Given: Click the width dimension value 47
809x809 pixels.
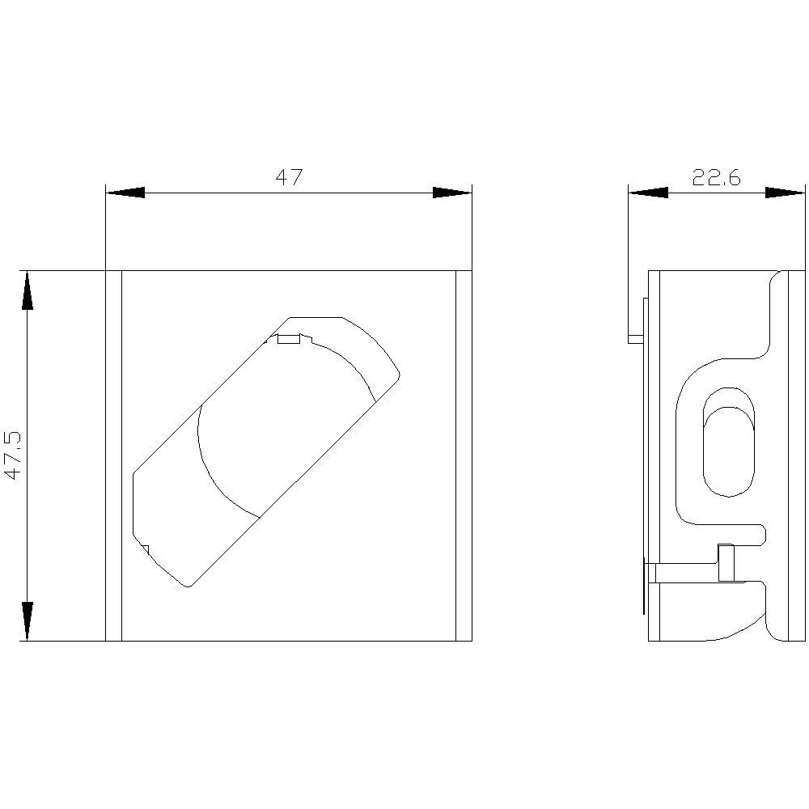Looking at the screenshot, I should pos(288,178).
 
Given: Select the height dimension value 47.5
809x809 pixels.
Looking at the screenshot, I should pos(14,455).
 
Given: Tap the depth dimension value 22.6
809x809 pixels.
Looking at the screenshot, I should pos(716,178).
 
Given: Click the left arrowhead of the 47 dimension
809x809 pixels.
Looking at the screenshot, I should pos(125,193).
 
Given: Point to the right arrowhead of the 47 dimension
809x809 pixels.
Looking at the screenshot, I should pos(451,193).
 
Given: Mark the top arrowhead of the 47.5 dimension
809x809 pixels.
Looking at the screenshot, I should pos(28,290).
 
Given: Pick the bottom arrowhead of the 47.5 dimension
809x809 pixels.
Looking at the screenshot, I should pos(28,621).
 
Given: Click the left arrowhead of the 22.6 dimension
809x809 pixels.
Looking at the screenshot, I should pos(648,193).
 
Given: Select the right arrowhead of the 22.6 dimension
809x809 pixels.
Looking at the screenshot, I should pos(786,193).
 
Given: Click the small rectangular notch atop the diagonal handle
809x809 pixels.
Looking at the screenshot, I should pos(288,338).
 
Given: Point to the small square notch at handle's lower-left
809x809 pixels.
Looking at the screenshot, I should pos(145,550).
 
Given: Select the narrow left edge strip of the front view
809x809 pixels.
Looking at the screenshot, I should pos(113,455).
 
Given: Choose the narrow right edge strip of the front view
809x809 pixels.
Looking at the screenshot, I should pos(464,455).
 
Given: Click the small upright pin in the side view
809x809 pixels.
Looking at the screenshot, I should pos(726,563).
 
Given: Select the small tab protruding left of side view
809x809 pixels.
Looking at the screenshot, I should pos(635,338).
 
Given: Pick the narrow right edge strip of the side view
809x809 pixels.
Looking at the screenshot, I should pos(797,455).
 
